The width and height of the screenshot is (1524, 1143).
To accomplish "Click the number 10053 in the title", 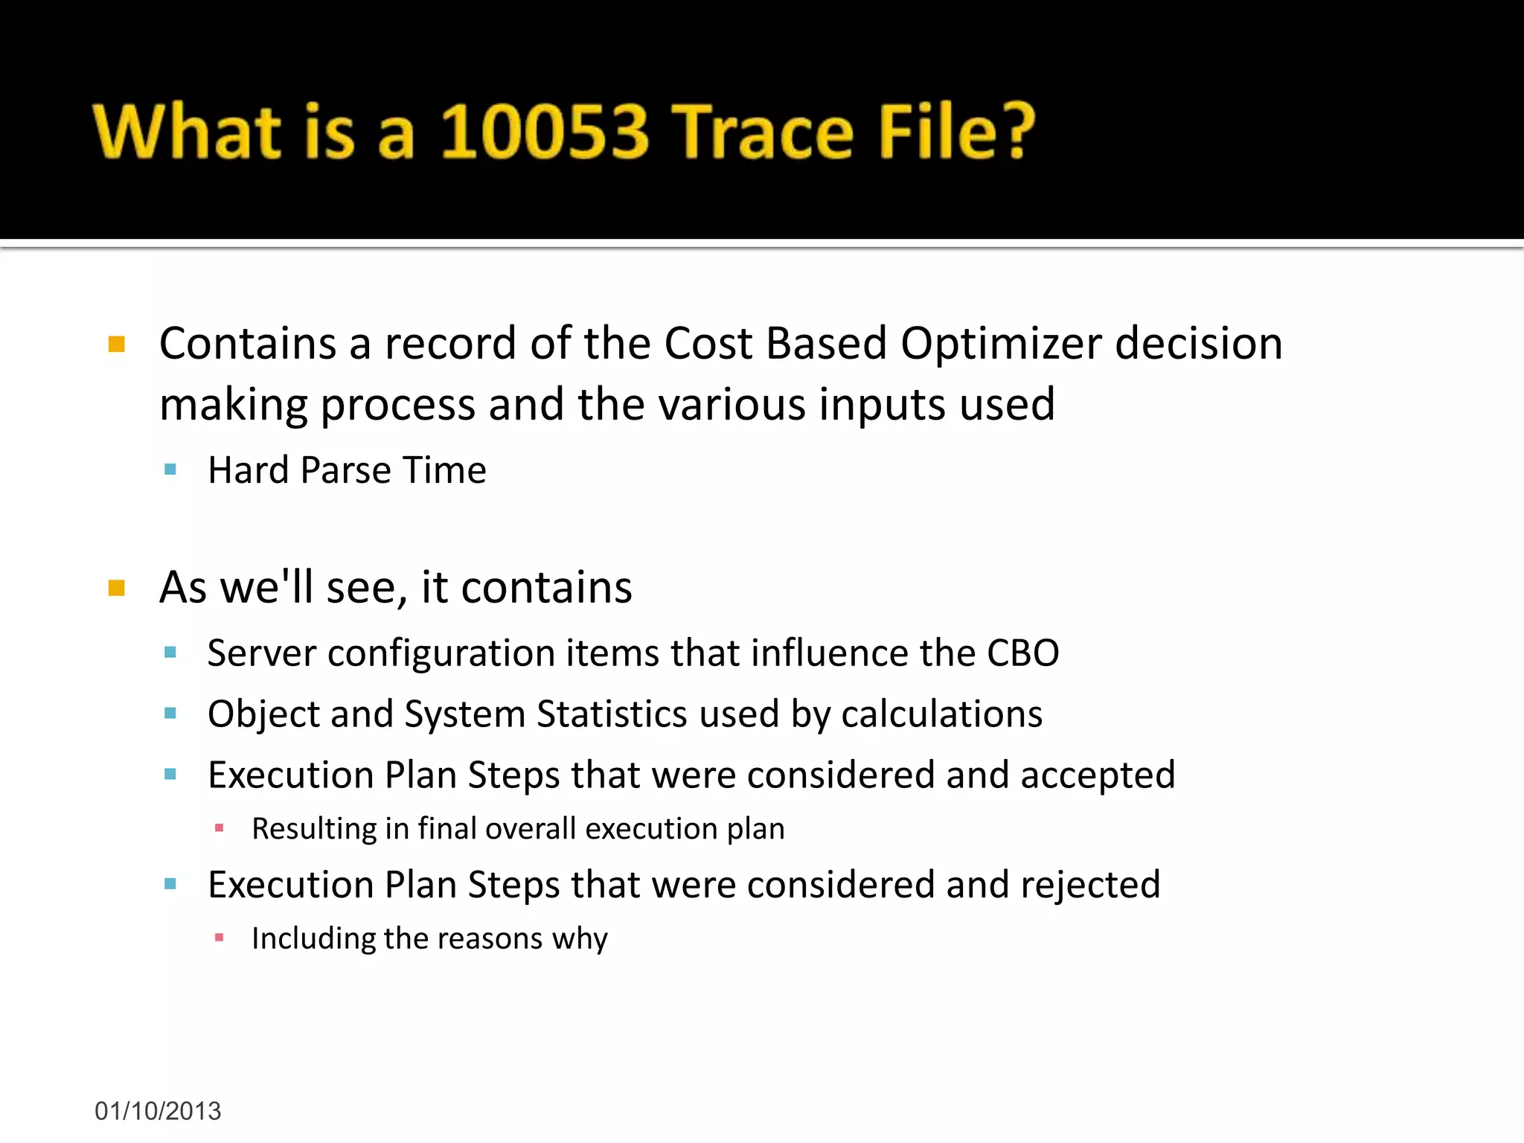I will click(544, 132).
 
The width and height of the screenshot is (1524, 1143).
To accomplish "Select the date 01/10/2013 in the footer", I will click(158, 1111).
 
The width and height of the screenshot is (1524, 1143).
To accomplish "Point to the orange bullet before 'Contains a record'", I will click(117, 345).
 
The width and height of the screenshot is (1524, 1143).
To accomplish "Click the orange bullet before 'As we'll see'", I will click(117, 589).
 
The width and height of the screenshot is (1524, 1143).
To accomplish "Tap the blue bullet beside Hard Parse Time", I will click(170, 470).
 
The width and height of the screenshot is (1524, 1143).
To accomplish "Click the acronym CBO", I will click(1022, 653).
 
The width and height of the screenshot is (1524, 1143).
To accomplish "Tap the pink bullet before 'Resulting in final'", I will click(219, 828).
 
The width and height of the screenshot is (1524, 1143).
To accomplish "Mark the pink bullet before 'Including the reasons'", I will click(219, 938).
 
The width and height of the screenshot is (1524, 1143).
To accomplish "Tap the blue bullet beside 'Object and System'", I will click(170, 714).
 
